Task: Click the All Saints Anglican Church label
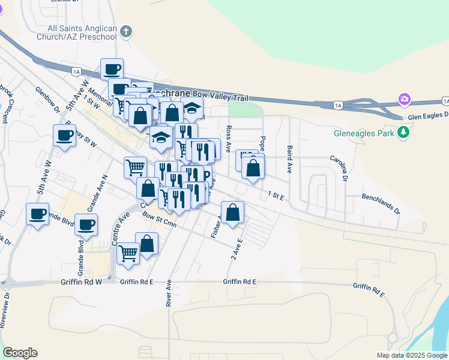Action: tap(82, 32)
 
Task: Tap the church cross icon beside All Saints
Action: tap(126, 32)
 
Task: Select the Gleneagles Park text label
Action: tap(364, 132)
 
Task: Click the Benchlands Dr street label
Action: tap(380, 204)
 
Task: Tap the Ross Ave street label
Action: tap(229, 139)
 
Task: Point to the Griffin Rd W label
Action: tap(82, 281)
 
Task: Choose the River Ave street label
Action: tap(169, 293)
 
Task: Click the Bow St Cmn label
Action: tap(159, 222)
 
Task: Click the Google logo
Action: tap(20, 353)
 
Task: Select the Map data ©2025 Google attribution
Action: tap(411, 355)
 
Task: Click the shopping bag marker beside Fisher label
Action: tap(232, 212)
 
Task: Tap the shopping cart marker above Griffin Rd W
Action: tap(128, 253)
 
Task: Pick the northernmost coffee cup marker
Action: tap(112, 69)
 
